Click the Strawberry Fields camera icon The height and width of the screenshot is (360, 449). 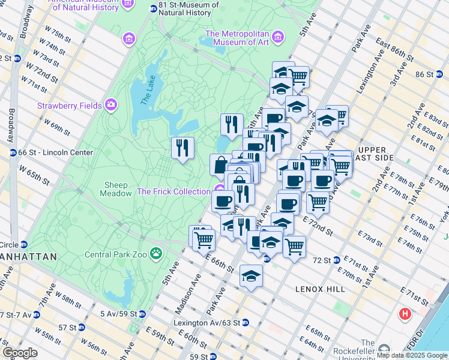point(111,106)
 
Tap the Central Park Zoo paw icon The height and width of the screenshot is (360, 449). point(157,253)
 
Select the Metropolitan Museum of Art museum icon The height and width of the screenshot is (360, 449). point(277,38)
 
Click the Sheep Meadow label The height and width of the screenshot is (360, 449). point(117,189)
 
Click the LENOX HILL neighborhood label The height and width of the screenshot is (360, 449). point(321,289)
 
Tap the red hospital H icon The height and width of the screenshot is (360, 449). point(406,314)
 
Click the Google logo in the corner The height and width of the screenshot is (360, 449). point(20,352)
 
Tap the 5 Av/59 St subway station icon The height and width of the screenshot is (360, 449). point(142,314)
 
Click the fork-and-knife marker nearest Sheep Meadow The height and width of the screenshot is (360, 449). point(182,148)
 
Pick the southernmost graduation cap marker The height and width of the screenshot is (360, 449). point(251,275)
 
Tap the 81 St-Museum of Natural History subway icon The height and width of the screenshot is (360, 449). point(154,8)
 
